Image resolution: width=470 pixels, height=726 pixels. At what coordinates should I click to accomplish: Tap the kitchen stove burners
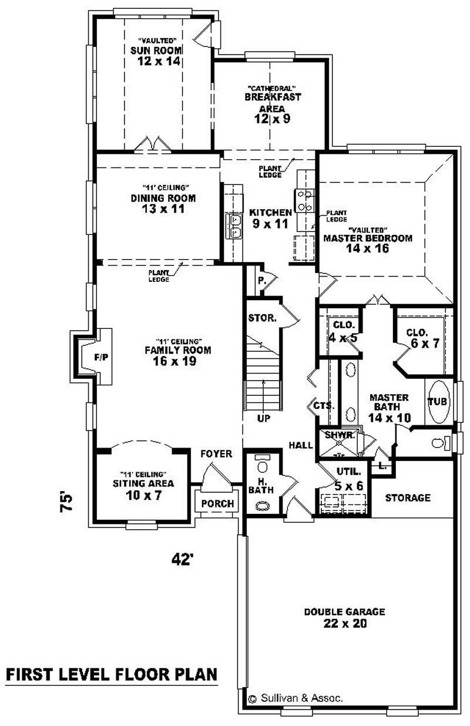coord(304,200)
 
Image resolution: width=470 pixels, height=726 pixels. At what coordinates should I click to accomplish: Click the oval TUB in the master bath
coord(438,402)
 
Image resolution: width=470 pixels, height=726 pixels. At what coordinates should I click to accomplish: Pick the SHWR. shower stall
coord(339,444)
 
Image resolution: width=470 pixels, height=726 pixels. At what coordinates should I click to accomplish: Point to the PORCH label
coord(217,503)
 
